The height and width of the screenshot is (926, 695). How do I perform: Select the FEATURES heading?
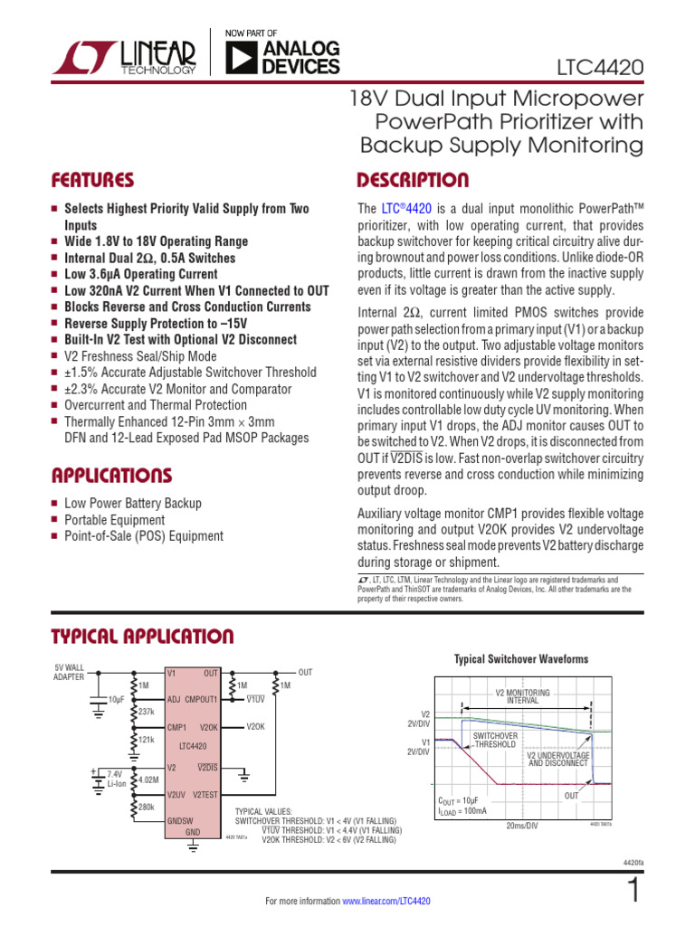[x=93, y=180]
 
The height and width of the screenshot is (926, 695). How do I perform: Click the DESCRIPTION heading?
[x=413, y=180]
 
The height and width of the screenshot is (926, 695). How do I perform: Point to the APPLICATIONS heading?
[x=111, y=475]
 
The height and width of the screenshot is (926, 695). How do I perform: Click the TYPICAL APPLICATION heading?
[x=142, y=636]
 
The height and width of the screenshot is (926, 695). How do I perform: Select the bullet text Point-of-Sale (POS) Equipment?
[x=143, y=536]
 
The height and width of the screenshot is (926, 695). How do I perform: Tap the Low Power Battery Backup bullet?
[x=132, y=503]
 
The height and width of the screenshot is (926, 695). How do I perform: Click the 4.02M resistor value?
[x=149, y=779]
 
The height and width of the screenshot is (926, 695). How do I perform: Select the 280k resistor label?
[x=147, y=806]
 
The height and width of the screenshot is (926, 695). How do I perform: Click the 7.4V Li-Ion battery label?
[x=115, y=779]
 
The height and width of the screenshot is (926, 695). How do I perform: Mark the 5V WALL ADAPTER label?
[x=69, y=672]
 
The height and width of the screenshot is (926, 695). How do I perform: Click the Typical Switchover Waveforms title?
[x=520, y=659]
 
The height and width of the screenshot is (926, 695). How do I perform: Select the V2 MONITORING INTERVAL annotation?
[x=522, y=696]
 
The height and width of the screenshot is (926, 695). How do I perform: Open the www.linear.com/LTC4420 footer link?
[x=386, y=902]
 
